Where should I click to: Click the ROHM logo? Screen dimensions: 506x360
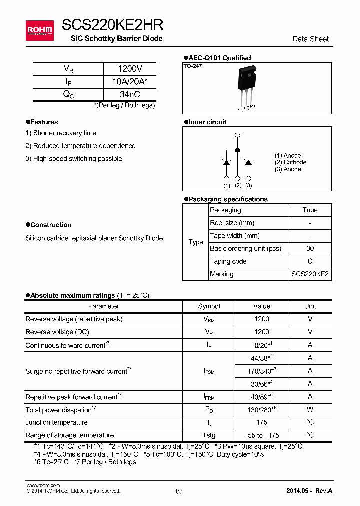[39, 30]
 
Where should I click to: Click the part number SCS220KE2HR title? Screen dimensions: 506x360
[113, 25]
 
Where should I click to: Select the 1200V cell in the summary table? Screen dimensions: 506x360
[130, 69]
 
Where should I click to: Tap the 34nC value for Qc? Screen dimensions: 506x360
[130, 94]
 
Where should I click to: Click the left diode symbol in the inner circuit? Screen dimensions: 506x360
[226, 162]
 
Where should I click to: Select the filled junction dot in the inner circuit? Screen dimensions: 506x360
[237, 150]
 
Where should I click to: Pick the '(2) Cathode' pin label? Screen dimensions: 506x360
[290, 162]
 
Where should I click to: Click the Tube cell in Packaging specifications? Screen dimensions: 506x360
[310, 210]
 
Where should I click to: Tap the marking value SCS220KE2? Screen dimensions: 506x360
[310, 274]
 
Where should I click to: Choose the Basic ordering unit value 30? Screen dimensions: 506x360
[310, 249]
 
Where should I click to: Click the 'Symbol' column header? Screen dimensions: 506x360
[209, 306]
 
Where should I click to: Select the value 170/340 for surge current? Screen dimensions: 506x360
[261, 371]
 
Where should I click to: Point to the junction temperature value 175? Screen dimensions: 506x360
[261, 422]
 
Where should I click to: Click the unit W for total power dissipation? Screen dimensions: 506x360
[310, 410]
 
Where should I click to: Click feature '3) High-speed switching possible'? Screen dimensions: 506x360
[74, 159]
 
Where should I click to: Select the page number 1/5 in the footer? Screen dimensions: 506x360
[178, 491]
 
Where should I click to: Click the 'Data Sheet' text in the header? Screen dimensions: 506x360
[310, 39]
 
